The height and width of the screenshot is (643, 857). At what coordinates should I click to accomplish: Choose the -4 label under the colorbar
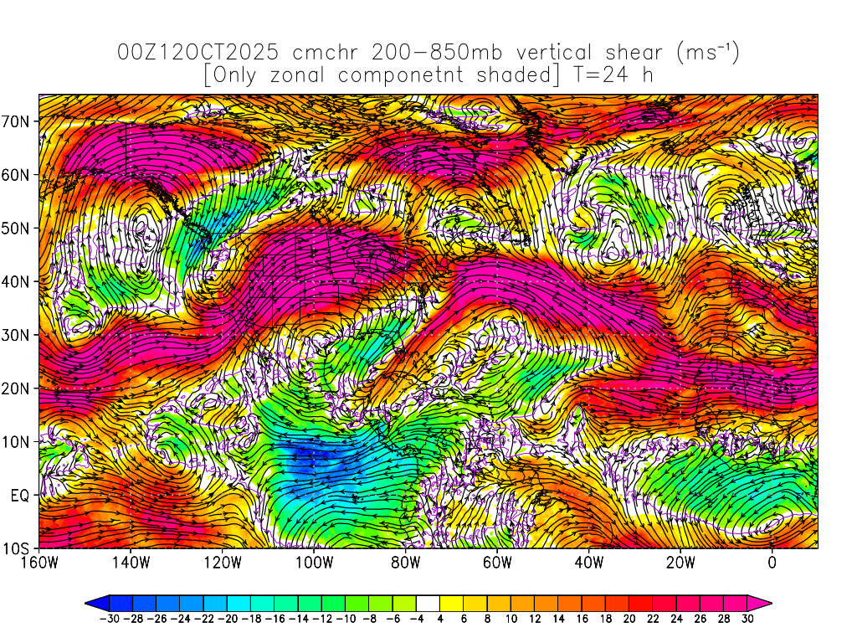pos(417,619)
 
